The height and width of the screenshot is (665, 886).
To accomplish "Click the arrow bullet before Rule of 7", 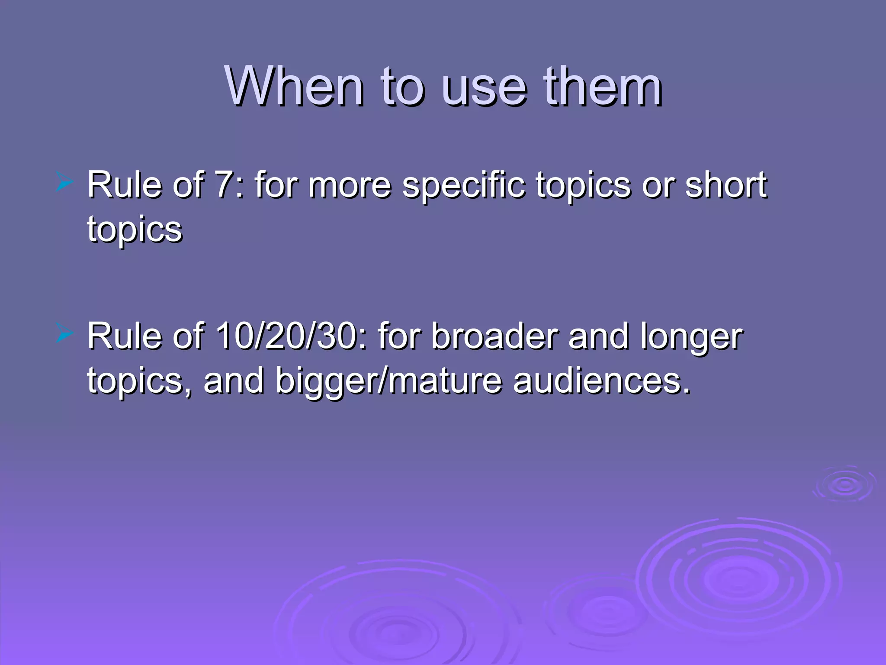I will coord(64,184).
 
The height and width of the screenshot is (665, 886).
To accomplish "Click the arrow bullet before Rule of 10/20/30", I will coord(64,335).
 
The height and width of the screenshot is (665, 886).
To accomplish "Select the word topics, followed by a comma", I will coord(138,382).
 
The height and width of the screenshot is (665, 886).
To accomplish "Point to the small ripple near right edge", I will coord(844,485).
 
